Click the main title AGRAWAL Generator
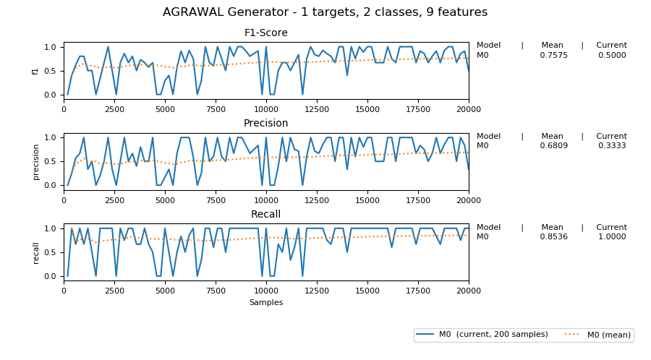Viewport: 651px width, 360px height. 325,12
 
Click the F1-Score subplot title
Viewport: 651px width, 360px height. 265,33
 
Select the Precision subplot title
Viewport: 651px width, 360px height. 265,124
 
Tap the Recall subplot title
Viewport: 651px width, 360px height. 265,215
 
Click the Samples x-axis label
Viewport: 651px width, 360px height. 265,302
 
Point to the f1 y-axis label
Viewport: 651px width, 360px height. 35,71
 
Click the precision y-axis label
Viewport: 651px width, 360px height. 35,162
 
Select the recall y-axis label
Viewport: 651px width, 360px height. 35,253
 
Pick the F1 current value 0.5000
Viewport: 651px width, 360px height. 612,55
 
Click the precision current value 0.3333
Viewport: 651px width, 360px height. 612,146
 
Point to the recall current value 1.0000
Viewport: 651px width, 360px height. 612,237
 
